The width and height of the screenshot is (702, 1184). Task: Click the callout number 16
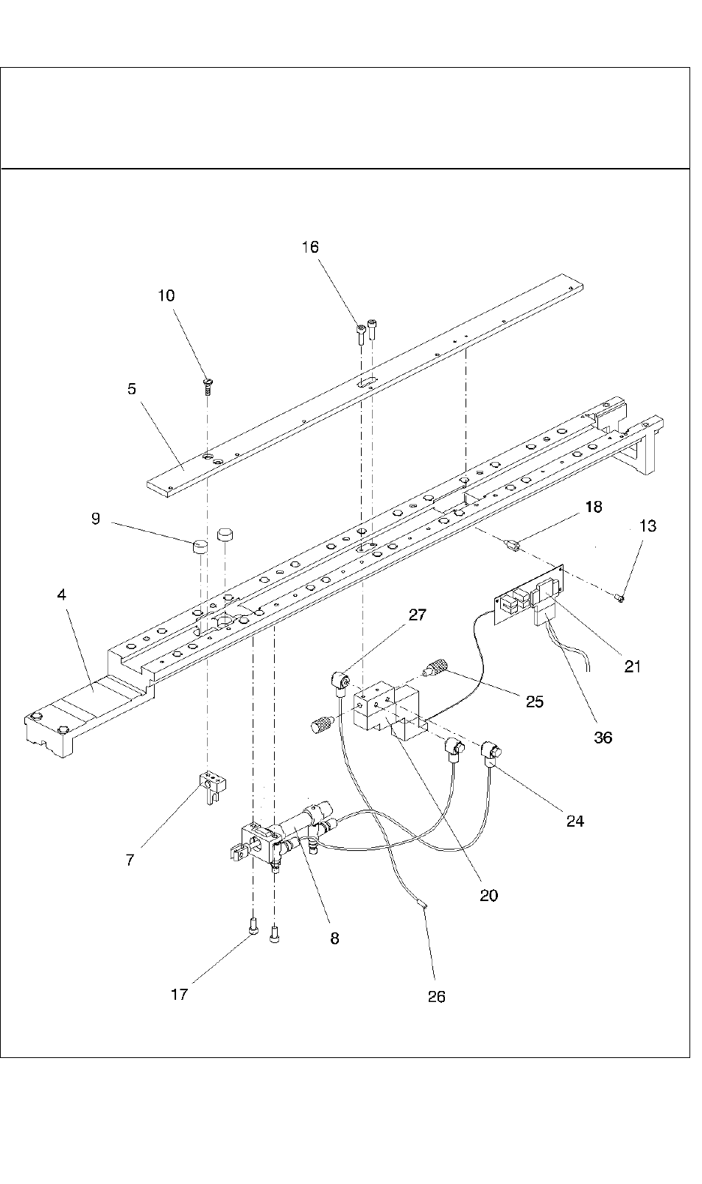[x=310, y=247]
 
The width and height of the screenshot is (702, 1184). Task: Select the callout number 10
[x=166, y=295]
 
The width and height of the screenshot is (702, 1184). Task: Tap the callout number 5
[x=132, y=388]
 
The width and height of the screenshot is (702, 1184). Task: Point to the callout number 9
[x=96, y=519]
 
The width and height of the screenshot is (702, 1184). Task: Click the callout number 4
[x=62, y=595]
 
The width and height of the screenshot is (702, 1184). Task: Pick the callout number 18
[x=594, y=507]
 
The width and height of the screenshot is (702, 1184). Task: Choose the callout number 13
[x=648, y=526]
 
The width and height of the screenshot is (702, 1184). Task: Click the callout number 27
[x=417, y=614]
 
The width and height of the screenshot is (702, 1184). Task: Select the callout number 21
[x=633, y=667]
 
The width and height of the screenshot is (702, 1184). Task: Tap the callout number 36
[x=603, y=737]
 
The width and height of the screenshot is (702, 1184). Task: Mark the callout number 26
[x=437, y=996]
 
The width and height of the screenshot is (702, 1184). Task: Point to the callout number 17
[x=179, y=994]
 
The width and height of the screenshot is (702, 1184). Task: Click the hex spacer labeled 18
[x=513, y=546]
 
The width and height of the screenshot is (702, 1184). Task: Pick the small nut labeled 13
[x=620, y=597]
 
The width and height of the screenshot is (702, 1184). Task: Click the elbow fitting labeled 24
[x=491, y=752]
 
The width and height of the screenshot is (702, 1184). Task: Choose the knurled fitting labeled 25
[x=434, y=670]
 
